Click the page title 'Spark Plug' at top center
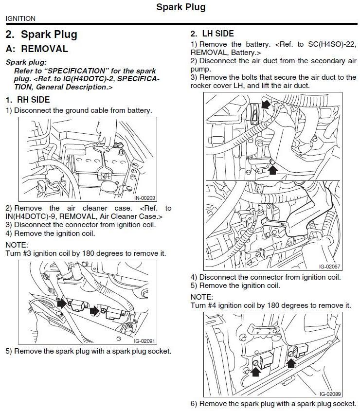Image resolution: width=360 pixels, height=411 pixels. point(181,7)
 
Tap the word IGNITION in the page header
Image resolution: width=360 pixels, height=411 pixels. point(20,18)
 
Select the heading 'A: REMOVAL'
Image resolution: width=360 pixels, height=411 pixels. point(37,49)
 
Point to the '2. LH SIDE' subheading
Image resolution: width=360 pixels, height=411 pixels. point(212,34)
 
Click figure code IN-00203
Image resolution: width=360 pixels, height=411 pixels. point(145,198)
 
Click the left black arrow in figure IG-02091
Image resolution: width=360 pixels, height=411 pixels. point(63,304)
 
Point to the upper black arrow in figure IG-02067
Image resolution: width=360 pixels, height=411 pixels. point(265,103)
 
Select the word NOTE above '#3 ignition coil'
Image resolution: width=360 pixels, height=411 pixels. point(17,245)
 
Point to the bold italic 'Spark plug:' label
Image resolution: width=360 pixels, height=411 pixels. point(26,62)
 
